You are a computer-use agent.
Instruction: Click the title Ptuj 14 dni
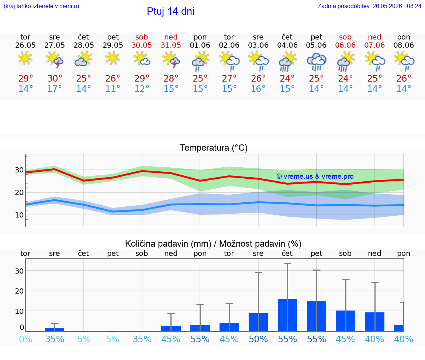pyautogui.click(x=170, y=11)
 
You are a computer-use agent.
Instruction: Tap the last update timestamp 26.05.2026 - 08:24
pyautogui.click(x=397, y=6)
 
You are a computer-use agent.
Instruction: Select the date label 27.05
pyautogui.click(x=55, y=45)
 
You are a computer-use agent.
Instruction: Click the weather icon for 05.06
pyautogui.click(x=316, y=61)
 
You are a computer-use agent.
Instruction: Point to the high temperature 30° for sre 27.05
pyautogui.click(x=55, y=78)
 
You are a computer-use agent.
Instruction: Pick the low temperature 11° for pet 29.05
pyautogui.click(x=113, y=89)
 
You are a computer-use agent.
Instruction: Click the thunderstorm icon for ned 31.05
pyautogui.click(x=171, y=60)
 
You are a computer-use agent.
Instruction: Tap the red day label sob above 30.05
pyautogui.click(x=142, y=37)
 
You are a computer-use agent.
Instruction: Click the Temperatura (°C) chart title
pyautogui.click(x=214, y=148)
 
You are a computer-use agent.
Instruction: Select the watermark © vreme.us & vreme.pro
pyautogui.click(x=315, y=176)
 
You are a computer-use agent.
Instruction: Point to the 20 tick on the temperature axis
pyautogui.click(x=19, y=192)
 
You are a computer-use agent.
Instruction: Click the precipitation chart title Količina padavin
pyautogui.click(x=168, y=244)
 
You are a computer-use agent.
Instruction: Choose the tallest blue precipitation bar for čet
pyautogui.click(x=287, y=315)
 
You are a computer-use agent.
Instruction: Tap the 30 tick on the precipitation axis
pyautogui.click(x=19, y=271)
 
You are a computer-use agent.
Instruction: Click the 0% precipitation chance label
pyautogui.click(x=25, y=339)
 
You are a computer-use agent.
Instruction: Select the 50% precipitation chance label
pyautogui.click(x=258, y=339)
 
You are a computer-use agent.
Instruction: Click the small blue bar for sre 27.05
pyautogui.click(x=55, y=330)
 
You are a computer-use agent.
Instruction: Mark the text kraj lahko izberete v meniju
pyautogui.click(x=41, y=6)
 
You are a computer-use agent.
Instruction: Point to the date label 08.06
pyautogui.click(x=404, y=45)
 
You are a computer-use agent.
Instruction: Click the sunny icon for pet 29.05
pyautogui.click(x=113, y=58)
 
